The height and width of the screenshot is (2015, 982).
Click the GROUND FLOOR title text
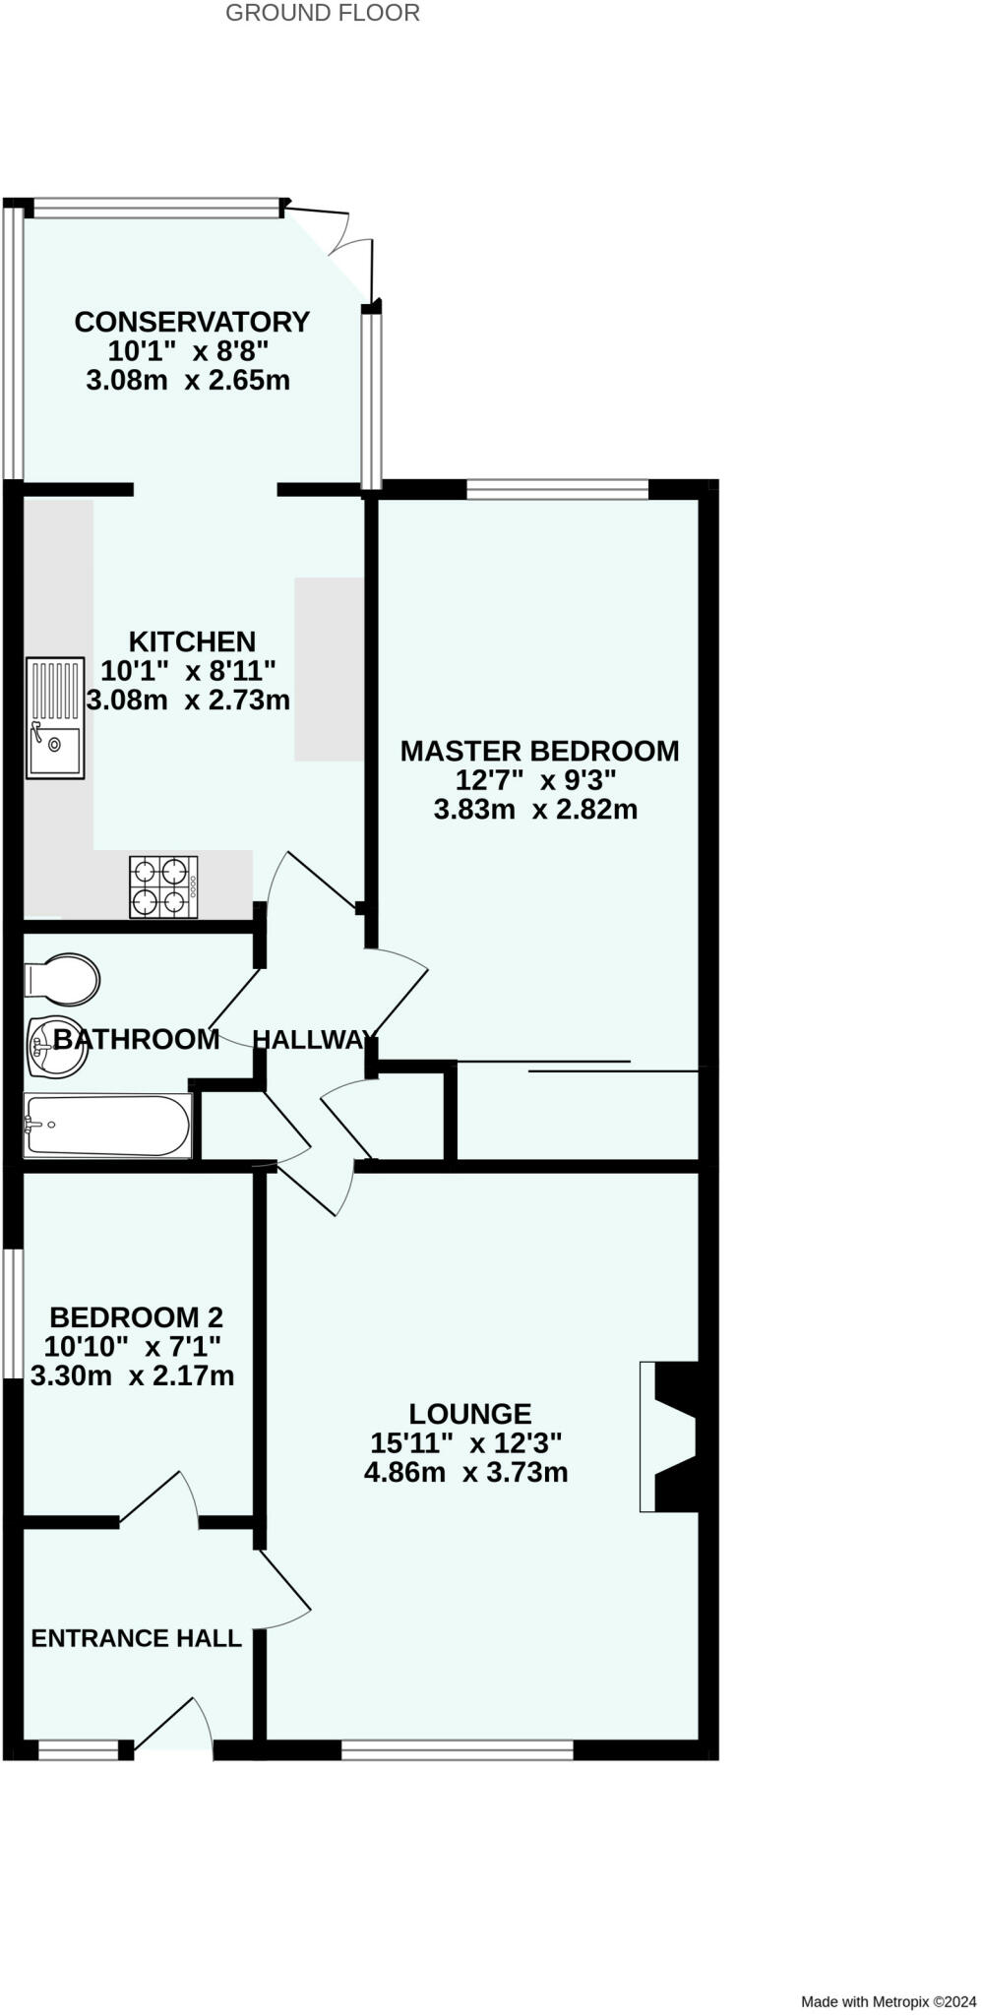(323, 13)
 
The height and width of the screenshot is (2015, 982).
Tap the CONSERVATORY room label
(192, 322)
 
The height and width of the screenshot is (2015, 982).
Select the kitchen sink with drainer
(55, 718)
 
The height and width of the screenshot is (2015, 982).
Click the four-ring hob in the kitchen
(163, 886)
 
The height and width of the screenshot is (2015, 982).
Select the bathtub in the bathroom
(106, 1125)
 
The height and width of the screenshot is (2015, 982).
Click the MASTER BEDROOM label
(539, 751)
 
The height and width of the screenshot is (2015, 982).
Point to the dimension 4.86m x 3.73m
(465, 1473)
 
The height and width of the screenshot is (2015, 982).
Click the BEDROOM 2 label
(136, 1316)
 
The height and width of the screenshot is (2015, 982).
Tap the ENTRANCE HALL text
(136, 1638)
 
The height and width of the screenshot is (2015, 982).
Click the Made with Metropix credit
(888, 2001)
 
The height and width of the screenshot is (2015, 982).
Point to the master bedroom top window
(557, 489)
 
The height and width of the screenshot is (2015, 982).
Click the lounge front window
(457, 1749)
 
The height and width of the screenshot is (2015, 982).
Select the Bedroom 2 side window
(12, 1313)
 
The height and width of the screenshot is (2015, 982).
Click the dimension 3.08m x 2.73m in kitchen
(188, 701)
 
